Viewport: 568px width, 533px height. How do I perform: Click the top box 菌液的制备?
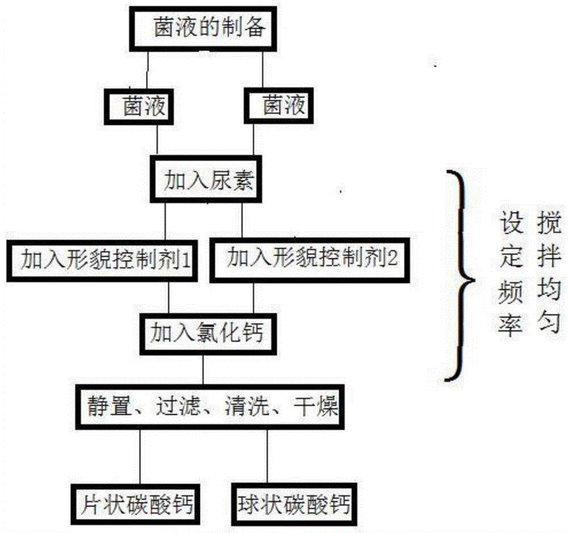click(x=209, y=29)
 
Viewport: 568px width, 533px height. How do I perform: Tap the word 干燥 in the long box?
click(x=316, y=407)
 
